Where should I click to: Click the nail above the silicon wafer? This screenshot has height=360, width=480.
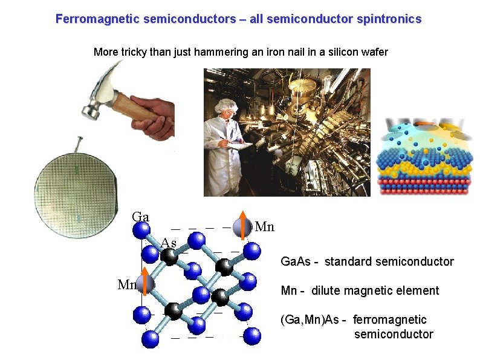[x=79, y=146]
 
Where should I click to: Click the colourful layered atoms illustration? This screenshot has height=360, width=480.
[x=424, y=157]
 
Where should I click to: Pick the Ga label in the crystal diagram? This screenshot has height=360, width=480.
[x=141, y=217]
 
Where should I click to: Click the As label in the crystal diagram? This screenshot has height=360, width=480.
[x=169, y=243]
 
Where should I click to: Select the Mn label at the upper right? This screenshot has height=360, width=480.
[x=265, y=227]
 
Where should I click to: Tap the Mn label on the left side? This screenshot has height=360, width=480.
[x=127, y=284]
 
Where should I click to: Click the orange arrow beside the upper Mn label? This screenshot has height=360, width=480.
[x=242, y=224]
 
